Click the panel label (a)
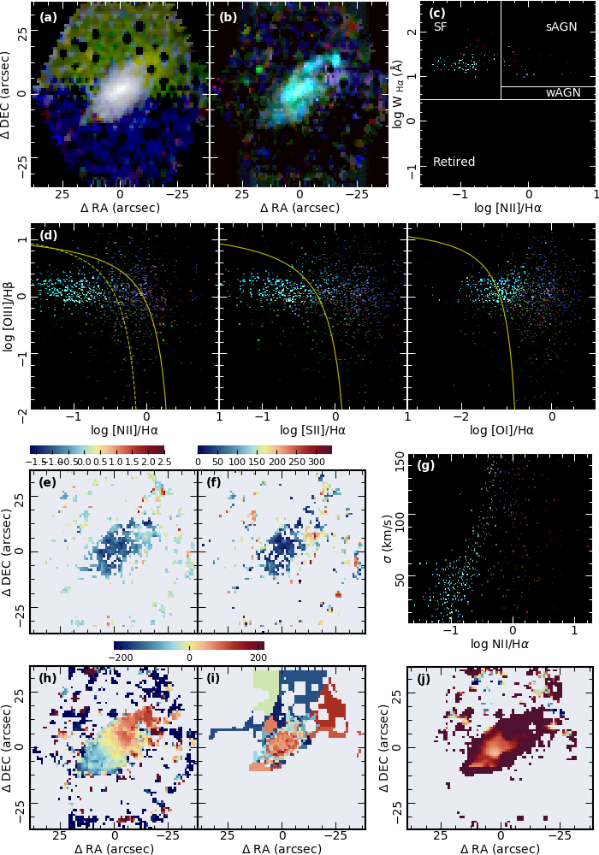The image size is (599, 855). point(47,17)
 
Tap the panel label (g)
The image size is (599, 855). point(425,466)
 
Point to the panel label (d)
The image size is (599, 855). point(48,236)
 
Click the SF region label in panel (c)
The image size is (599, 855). point(441,27)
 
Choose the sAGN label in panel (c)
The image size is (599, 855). point(560,27)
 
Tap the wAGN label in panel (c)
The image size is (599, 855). point(563,91)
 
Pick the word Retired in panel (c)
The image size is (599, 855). point(454,162)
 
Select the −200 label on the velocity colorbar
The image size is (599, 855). point(130,657)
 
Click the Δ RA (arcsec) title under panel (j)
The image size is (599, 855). point(501,848)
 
